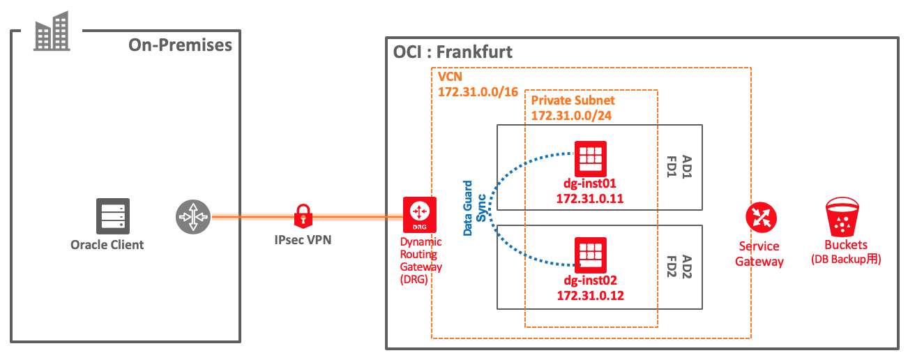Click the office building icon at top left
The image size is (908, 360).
coord(52,31)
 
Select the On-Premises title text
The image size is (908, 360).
coord(180,45)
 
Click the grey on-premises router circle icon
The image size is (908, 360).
coord(192,217)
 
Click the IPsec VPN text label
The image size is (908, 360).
coord(303,239)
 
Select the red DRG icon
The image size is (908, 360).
coord(420,215)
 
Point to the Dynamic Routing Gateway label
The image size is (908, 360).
coord(421,259)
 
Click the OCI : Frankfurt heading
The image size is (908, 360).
coord(453,52)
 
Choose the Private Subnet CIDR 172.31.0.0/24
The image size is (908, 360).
coord(571,115)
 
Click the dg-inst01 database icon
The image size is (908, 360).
coord(590,158)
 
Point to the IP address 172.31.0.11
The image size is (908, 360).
coord(590,199)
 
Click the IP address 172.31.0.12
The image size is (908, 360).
coord(590,295)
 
